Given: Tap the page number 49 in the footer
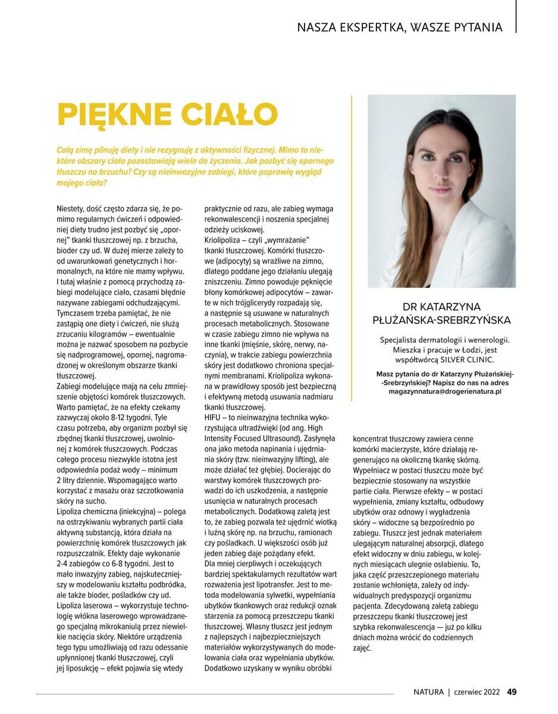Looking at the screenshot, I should click(512, 691).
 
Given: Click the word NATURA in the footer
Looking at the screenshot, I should click(429, 691).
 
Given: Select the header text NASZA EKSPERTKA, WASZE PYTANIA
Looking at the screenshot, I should click(399, 27).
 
